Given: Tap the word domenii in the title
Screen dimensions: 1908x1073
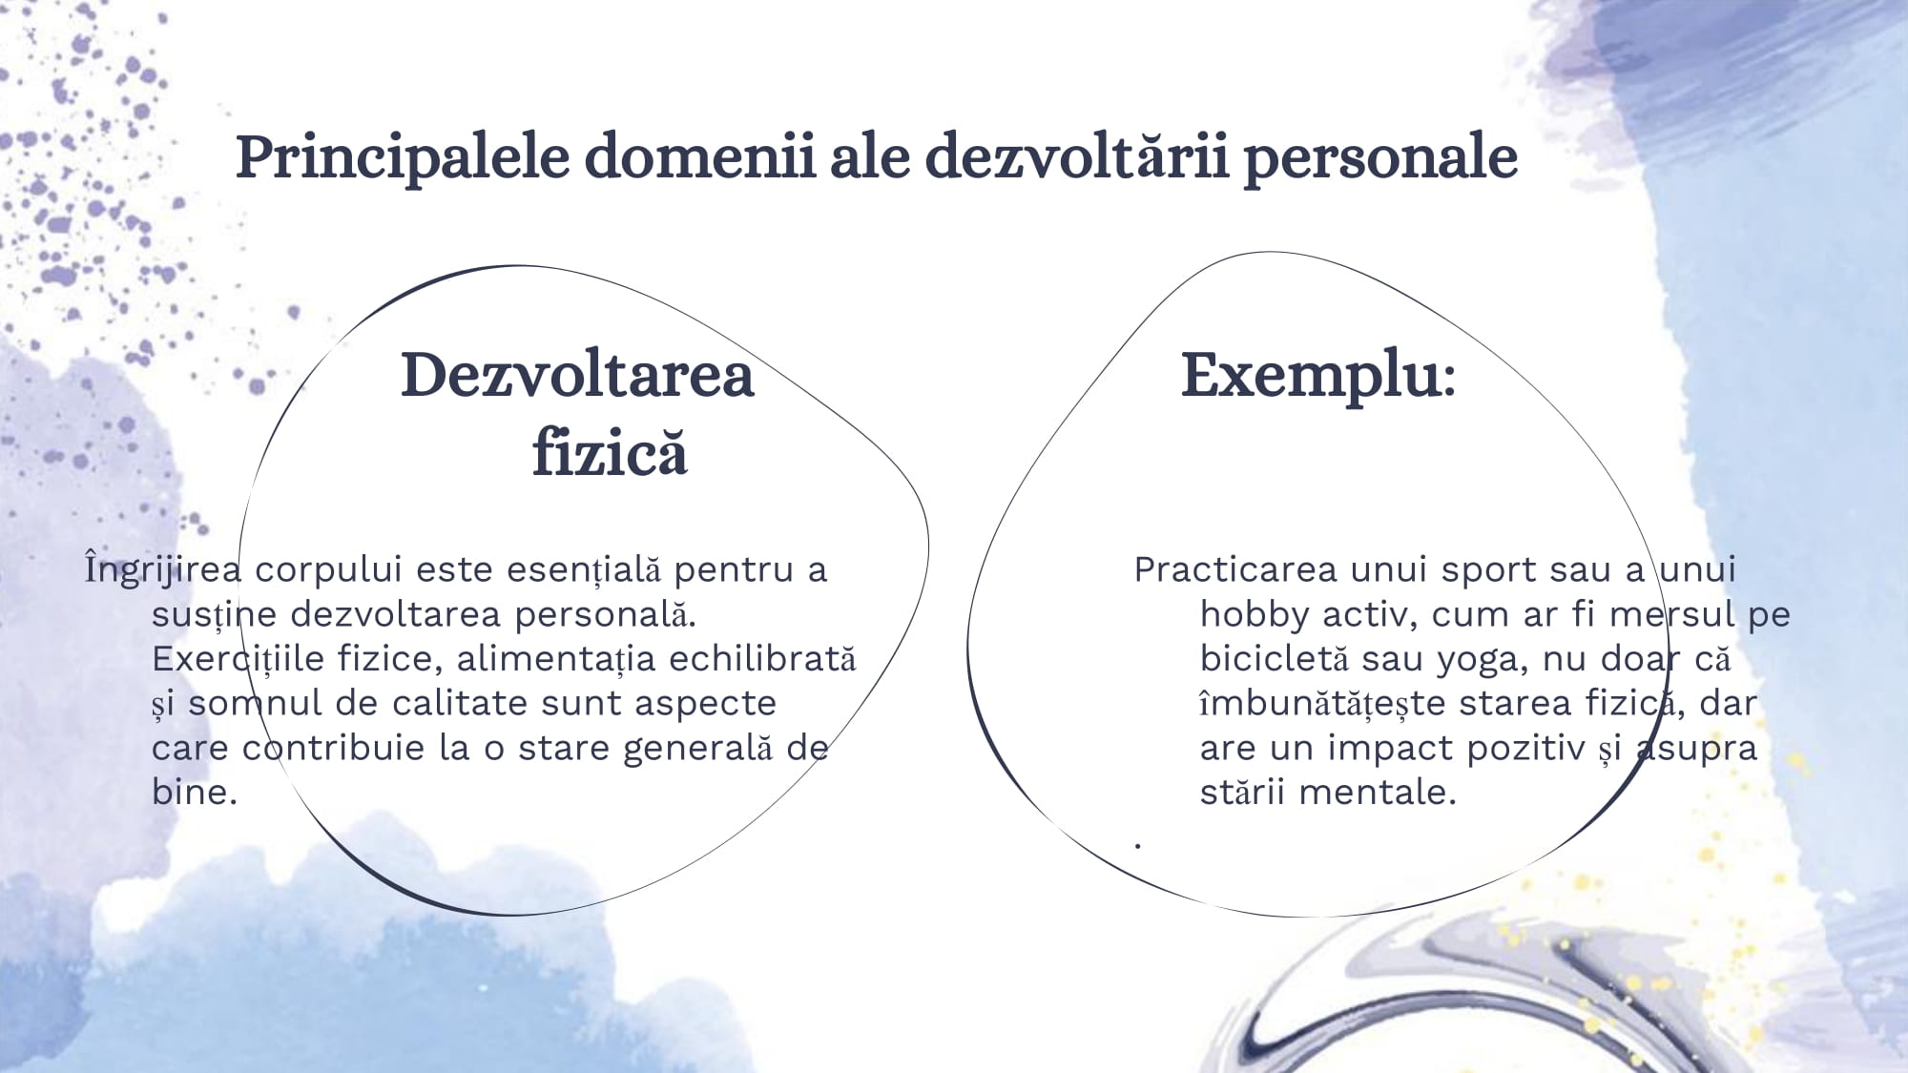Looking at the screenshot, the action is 700,156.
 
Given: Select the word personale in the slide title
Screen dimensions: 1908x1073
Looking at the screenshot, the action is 1380,158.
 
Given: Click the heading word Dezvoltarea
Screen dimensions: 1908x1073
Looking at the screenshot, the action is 577,375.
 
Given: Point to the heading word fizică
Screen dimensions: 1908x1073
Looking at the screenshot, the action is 610,451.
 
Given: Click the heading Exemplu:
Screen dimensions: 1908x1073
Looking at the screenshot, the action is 1318,375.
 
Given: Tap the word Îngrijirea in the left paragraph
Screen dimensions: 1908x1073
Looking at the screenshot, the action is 162,568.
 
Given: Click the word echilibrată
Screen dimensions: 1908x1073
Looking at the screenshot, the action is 762,658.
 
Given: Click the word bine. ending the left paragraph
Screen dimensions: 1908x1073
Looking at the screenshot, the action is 194,792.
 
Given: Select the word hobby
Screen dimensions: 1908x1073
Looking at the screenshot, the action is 1254,614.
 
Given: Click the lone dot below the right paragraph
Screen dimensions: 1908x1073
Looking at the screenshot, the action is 1138,845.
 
